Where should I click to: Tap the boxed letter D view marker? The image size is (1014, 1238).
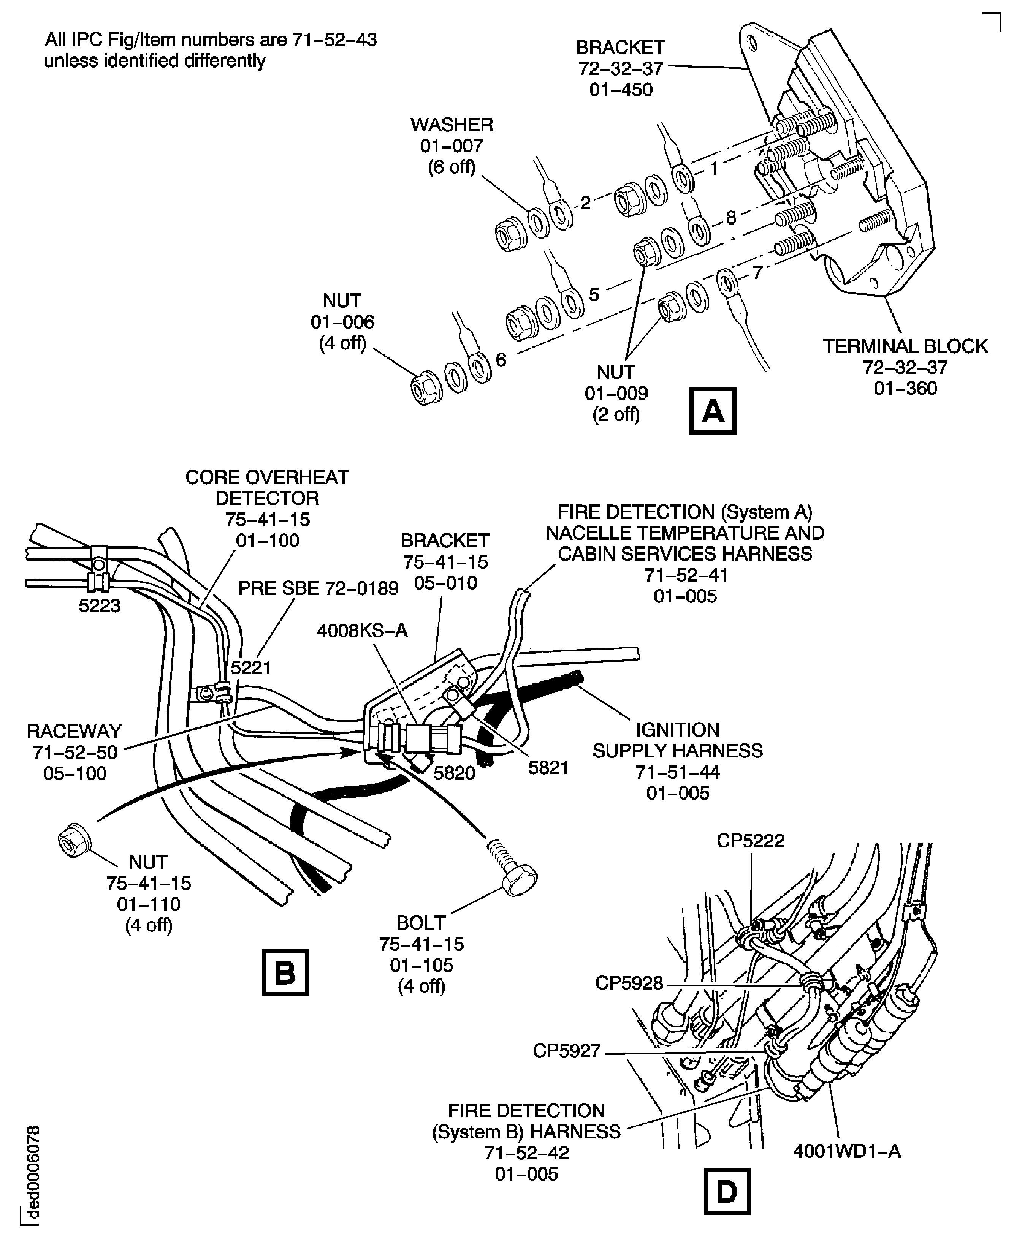tap(727, 1191)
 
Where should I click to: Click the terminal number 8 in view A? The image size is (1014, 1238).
tap(731, 218)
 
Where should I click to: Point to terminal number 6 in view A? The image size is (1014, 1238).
tap(501, 360)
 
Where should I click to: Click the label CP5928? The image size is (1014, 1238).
tap(629, 983)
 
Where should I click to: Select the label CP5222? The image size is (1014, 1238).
tap(751, 841)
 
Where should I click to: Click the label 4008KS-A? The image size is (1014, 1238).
tap(362, 631)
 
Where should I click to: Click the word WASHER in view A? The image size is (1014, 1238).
tap(452, 125)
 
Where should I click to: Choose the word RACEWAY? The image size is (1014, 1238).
tap(74, 731)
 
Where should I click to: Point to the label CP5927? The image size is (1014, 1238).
tap(566, 1051)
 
